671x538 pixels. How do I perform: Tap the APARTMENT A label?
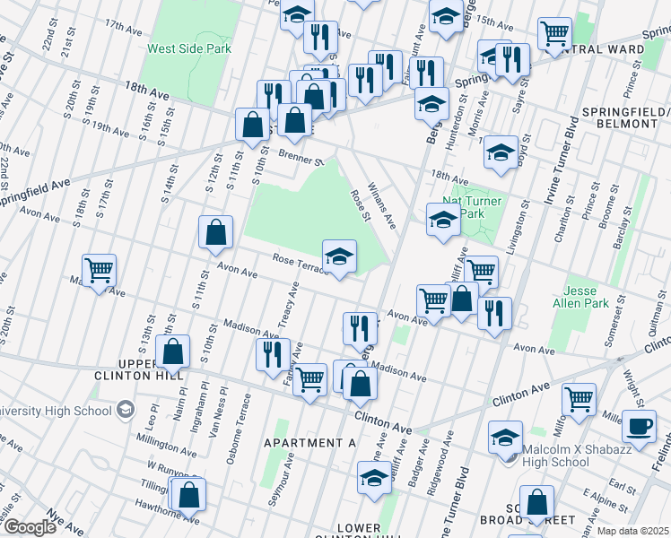coord(309,443)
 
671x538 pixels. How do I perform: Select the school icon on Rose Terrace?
coord(339,257)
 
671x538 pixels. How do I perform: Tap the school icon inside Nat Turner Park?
coord(443,221)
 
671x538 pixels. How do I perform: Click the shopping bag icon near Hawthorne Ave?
coord(189,495)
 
